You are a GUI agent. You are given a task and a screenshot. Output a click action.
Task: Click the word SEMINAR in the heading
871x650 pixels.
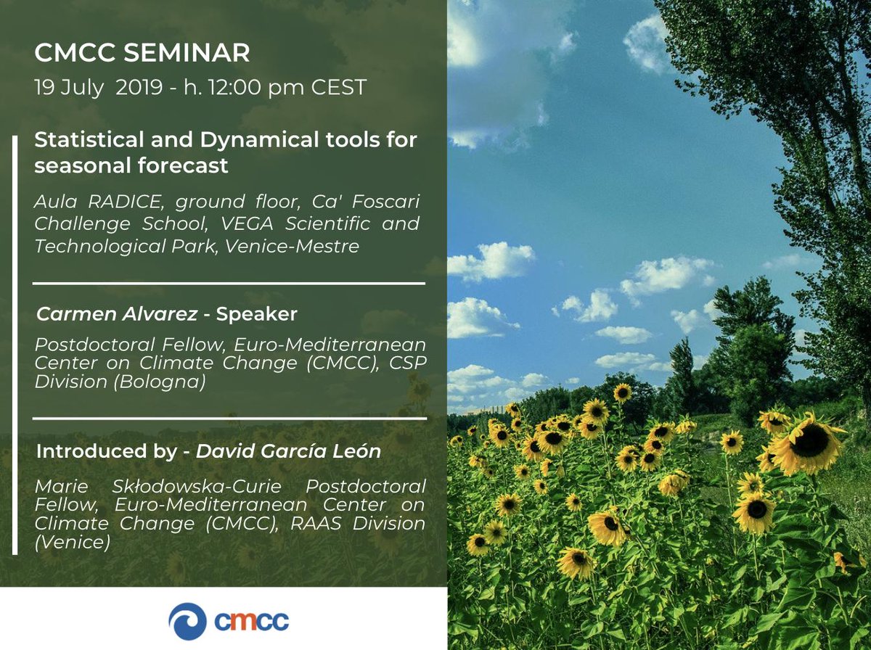(187, 52)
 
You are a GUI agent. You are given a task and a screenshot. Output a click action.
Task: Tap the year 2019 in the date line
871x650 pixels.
(139, 87)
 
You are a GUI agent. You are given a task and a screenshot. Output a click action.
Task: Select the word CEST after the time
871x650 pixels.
(338, 87)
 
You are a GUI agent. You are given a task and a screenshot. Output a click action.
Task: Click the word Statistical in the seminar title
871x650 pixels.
(89, 139)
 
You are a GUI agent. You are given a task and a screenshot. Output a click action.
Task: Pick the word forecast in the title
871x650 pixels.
(183, 165)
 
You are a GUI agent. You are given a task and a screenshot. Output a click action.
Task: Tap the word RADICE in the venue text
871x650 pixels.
(125, 202)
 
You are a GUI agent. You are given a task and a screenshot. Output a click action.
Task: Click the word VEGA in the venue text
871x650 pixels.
(247, 223)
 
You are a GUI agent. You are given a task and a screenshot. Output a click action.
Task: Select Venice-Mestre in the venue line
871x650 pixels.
(292, 246)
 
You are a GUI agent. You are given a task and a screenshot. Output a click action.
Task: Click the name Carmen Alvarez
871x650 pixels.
(117, 314)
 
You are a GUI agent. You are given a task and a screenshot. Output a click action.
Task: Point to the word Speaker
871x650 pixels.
(256, 315)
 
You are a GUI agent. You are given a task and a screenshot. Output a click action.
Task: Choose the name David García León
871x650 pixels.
(288, 451)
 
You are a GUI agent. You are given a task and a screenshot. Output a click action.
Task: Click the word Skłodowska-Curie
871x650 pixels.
(197, 487)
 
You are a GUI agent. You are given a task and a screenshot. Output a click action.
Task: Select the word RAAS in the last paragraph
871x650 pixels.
(316, 524)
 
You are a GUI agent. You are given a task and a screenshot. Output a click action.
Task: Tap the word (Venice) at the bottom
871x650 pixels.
(72, 542)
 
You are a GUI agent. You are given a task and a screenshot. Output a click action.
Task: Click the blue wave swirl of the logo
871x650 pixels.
(187, 622)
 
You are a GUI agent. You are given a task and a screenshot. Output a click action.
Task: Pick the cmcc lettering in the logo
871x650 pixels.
(252, 622)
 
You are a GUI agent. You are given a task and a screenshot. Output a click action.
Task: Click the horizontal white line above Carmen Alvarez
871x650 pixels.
(229, 284)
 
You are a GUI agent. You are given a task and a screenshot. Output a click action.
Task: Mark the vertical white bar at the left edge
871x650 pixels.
(15, 345)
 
